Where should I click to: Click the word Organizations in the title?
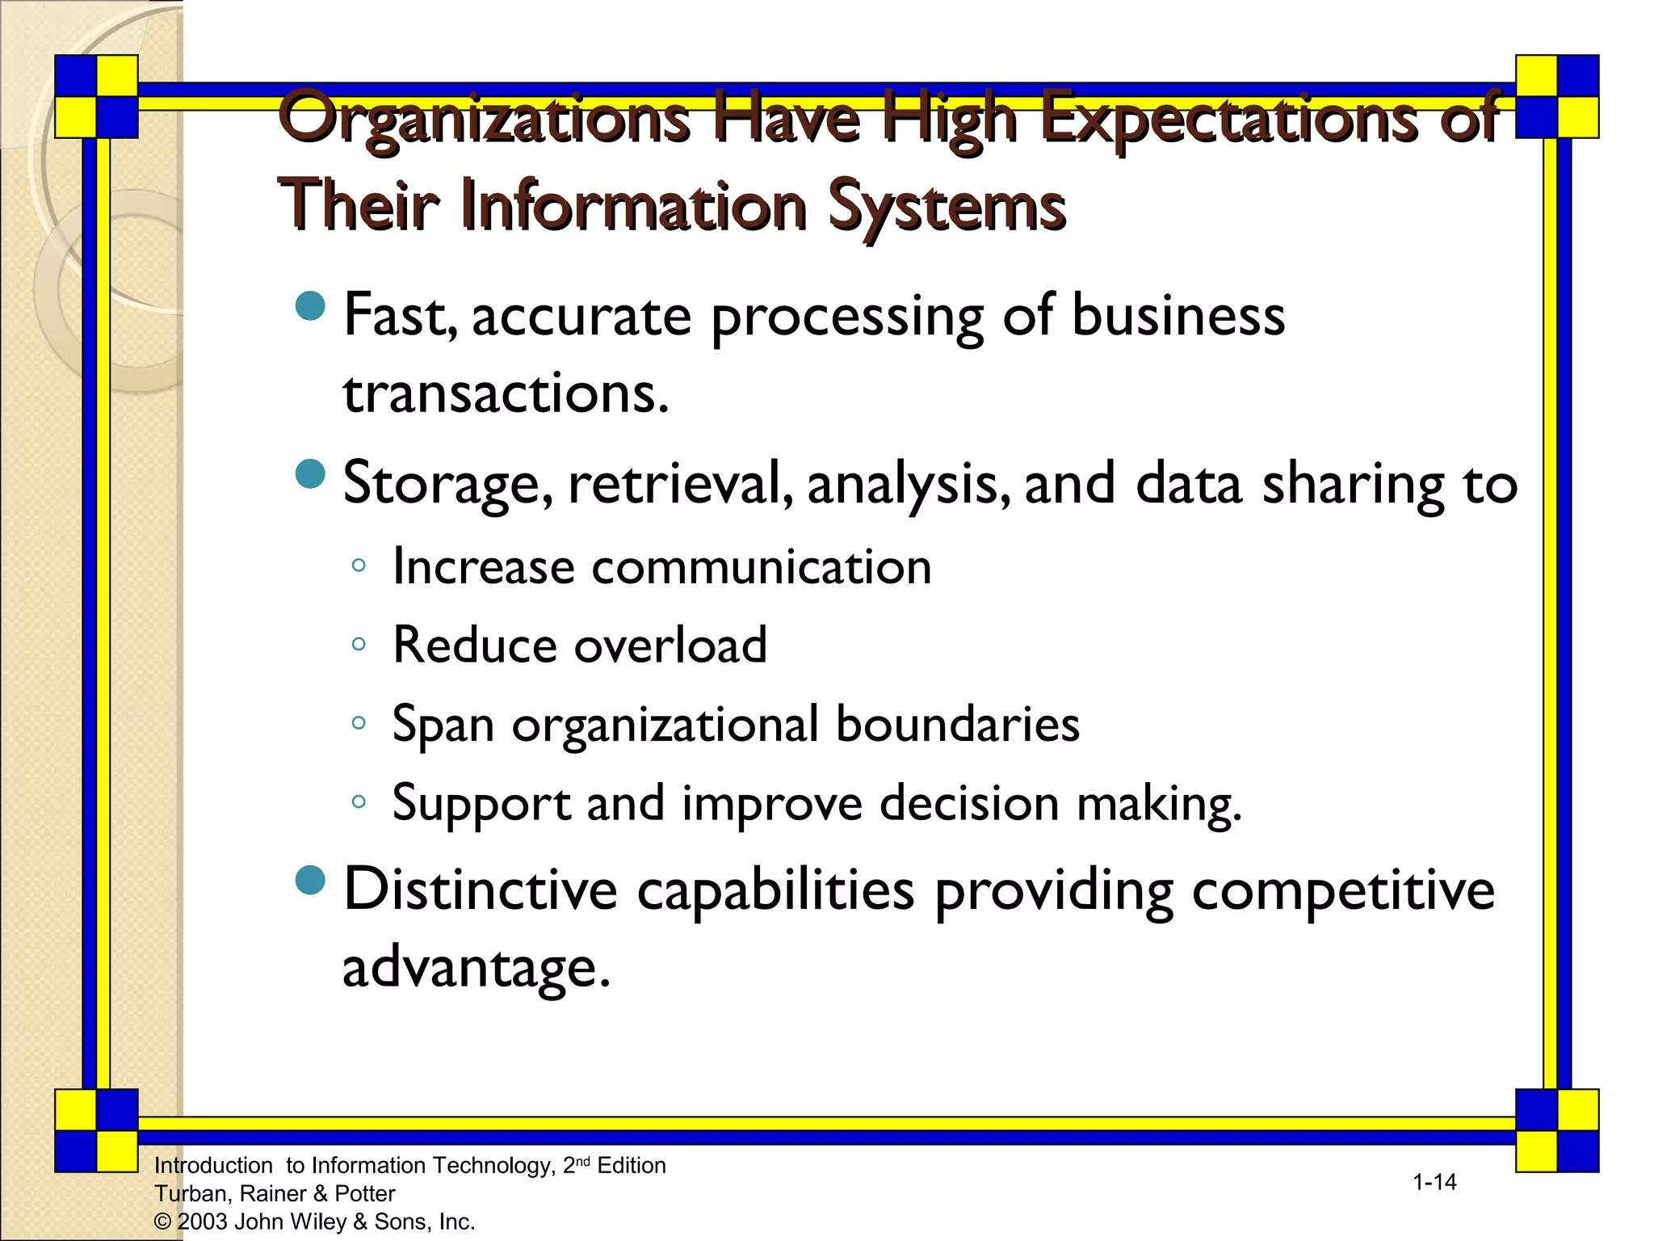pyautogui.click(x=483, y=120)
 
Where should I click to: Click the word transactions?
pyautogui.click(x=506, y=394)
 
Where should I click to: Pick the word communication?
pyautogui.click(x=762, y=566)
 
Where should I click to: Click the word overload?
pyautogui.click(x=670, y=645)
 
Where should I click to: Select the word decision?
pyautogui.click(x=969, y=803)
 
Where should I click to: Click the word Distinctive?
pyautogui.click(x=481, y=890)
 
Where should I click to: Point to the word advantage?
pyautogui.click(x=476, y=967)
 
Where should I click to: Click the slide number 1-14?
pyautogui.click(x=1434, y=1182)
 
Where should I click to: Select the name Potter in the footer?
pyautogui.click(x=365, y=1193)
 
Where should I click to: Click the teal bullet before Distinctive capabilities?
pyautogui.click(x=310, y=881)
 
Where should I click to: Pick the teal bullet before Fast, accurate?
pyautogui.click(x=310, y=306)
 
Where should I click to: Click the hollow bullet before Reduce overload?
pyautogui.click(x=359, y=645)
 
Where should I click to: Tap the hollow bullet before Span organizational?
pyautogui.click(x=359, y=723)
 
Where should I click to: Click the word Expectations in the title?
pyautogui.click(x=1228, y=120)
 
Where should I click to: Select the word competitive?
pyautogui.click(x=1342, y=890)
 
